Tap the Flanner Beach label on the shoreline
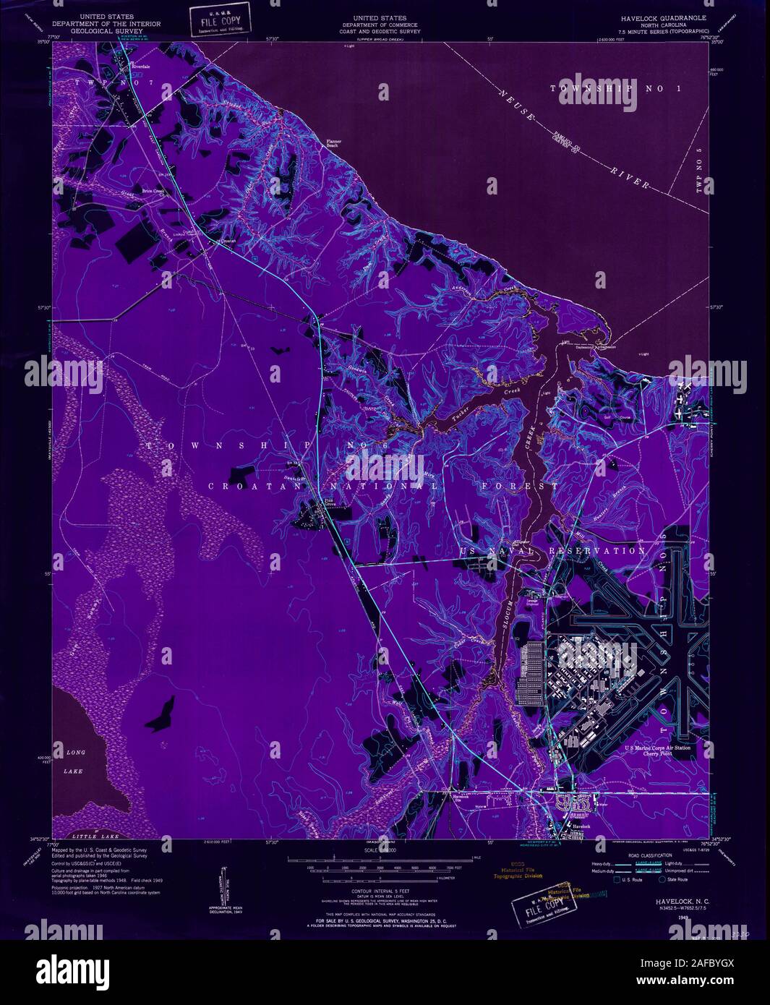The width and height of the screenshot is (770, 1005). coord(333,143)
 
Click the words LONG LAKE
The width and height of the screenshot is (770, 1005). coord(75,762)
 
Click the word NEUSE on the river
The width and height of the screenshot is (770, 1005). coord(516,104)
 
